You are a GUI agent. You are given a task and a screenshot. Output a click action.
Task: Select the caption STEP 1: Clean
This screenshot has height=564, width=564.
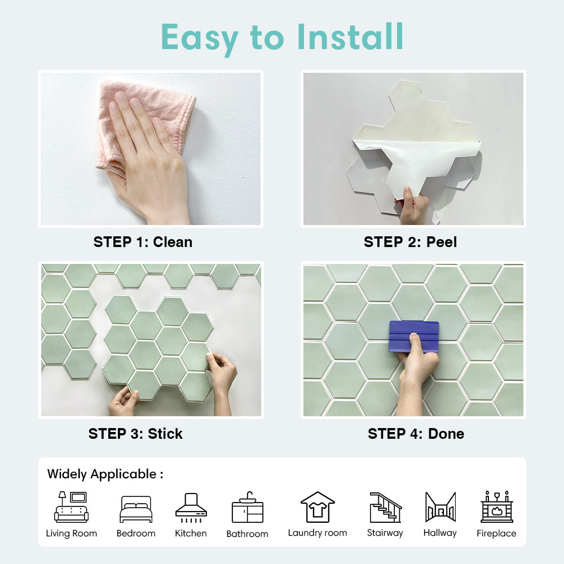(x=143, y=242)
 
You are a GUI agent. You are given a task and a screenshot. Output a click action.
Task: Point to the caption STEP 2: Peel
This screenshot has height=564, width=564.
(x=411, y=242)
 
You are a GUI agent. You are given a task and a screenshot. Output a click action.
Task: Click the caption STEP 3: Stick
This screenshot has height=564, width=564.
(x=135, y=433)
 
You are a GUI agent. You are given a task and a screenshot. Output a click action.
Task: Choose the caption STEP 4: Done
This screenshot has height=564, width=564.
(x=416, y=433)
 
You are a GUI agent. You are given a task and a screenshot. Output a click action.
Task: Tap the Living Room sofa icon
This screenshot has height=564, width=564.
(x=71, y=507)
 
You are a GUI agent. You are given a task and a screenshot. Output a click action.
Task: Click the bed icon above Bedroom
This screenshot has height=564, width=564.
(x=136, y=509)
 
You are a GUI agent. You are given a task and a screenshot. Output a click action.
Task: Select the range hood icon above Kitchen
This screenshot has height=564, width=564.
(x=191, y=508)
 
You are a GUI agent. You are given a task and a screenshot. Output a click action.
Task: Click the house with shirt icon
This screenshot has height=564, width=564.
(x=318, y=507)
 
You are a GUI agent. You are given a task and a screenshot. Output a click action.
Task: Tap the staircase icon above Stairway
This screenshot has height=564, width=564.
(x=386, y=507)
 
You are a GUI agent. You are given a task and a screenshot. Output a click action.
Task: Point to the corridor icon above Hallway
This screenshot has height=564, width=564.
(x=440, y=507)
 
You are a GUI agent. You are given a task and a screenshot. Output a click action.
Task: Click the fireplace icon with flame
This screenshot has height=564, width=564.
(x=497, y=506)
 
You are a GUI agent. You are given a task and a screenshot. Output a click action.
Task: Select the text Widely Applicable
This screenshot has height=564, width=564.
(x=102, y=474)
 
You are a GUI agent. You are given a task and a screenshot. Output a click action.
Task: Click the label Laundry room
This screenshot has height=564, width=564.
(x=318, y=533)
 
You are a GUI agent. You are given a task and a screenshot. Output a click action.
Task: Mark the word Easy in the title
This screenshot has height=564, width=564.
(x=200, y=38)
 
